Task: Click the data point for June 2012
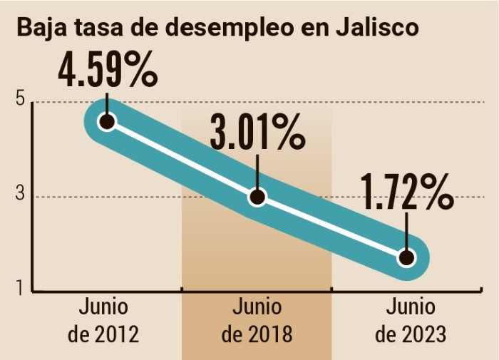107,121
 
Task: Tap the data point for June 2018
257,197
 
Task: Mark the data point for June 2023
406,257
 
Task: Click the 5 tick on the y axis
20,101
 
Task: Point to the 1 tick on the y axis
20,289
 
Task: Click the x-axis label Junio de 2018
257,321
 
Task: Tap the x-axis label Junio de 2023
410,321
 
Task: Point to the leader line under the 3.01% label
257,172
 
